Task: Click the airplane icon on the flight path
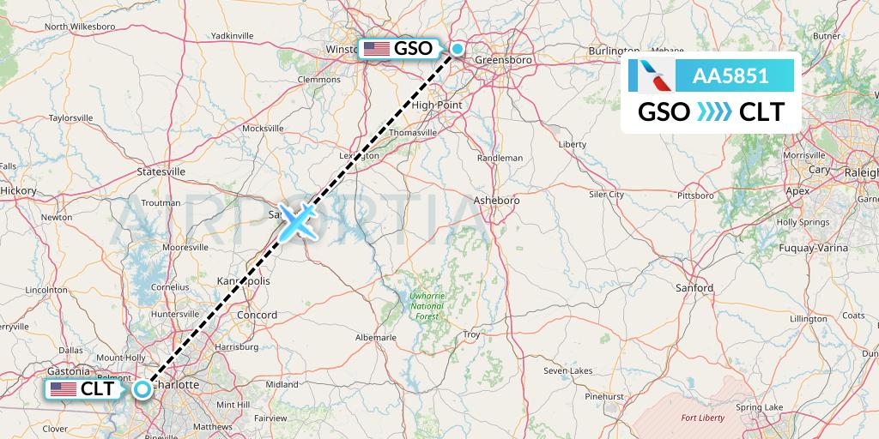pos(297,221)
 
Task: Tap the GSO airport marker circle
pos(458,49)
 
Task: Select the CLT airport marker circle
pos(142,388)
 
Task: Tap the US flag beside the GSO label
pos(376,49)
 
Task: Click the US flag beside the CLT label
pos(64,389)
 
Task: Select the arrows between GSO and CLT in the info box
pos(714,112)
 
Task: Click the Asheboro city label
pos(497,200)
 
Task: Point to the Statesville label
pos(161,171)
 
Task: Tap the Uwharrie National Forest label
pos(426,306)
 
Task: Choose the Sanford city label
pos(694,288)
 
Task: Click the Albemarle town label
pos(375,338)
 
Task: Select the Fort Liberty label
pos(702,418)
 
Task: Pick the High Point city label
pos(437,105)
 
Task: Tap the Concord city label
pos(256,315)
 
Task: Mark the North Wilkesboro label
pos(80,27)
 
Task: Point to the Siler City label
pos(606,195)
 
